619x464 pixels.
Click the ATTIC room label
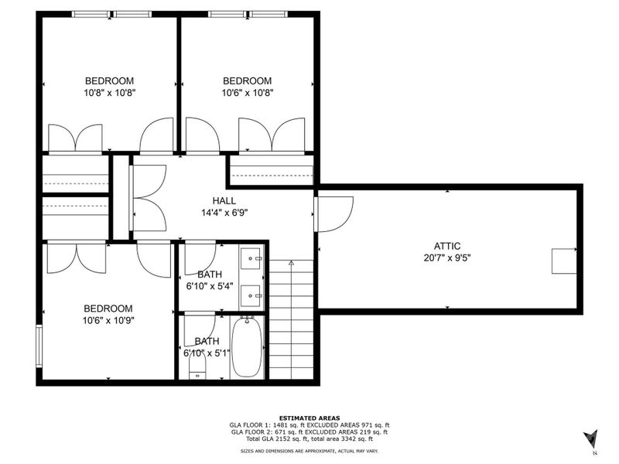pos(447,246)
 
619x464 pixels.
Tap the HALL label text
pos(224,201)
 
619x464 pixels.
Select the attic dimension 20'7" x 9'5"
pos(447,258)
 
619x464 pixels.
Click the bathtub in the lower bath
pos(248,348)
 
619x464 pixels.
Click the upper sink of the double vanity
pos(251,258)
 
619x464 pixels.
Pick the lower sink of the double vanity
pos(251,295)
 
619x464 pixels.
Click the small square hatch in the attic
pos(563,261)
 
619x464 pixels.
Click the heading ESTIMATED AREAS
pos(309,418)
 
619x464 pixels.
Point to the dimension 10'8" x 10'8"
pos(109,92)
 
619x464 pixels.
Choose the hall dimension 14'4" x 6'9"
pos(224,212)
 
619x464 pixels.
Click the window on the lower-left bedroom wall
pos(39,345)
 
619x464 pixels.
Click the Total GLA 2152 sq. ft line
pos(309,439)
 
